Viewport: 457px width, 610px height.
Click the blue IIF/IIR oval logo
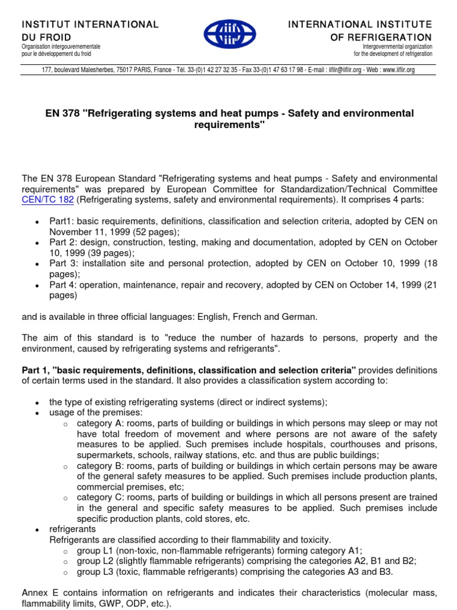(x=228, y=34)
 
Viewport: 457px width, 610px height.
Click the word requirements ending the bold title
(x=228, y=125)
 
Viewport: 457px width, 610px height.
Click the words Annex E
(x=39, y=593)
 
